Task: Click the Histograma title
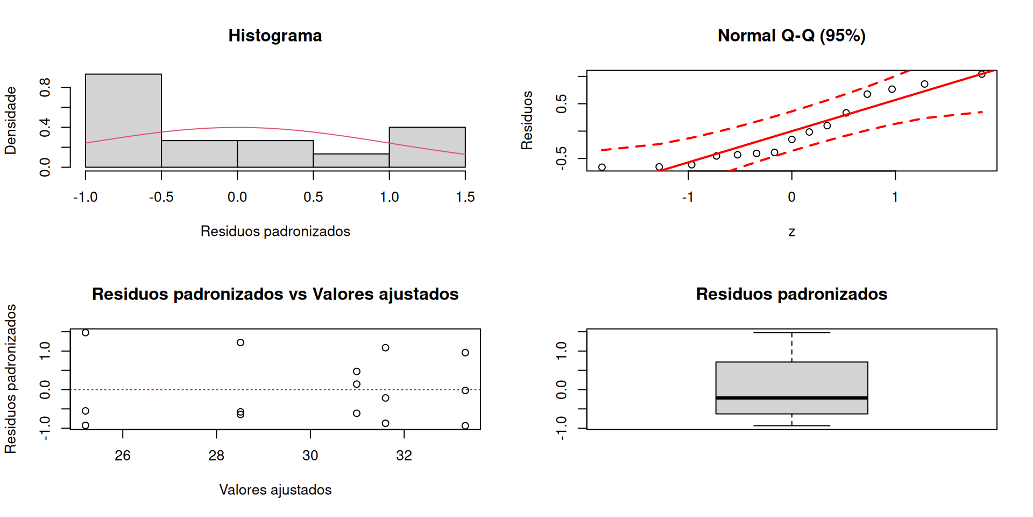[x=275, y=36]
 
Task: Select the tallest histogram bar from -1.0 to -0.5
[x=123, y=121]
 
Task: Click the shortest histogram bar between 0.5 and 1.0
[x=351, y=160]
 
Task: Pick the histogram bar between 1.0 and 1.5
[x=427, y=147]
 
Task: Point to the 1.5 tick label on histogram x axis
[x=465, y=197]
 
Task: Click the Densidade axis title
[x=11, y=121]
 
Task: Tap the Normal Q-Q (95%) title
[x=791, y=36]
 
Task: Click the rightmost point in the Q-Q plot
[x=982, y=74]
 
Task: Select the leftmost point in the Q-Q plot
[x=602, y=167]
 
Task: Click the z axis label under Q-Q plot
[x=791, y=232]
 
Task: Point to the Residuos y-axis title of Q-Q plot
[x=527, y=121]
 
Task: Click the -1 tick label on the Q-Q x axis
[x=688, y=197]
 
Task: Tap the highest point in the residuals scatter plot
[x=86, y=333]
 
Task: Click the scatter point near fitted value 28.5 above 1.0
[x=240, y=343]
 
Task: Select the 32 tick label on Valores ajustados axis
[x=404, y=456]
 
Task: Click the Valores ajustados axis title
[x=275, y=490]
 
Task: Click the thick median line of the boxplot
[x=791, y=398]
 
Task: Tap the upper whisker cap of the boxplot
[x=791, y=333]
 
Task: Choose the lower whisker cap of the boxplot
[x=791, y=426]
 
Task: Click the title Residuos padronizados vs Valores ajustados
[x=275, y=294]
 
